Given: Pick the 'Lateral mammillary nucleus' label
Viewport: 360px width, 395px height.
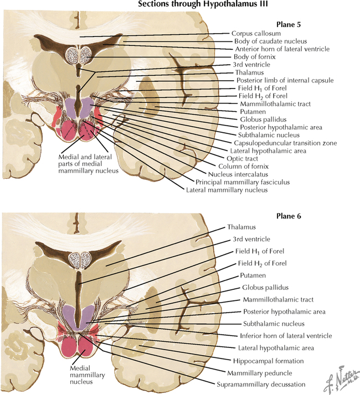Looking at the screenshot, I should (228, 190).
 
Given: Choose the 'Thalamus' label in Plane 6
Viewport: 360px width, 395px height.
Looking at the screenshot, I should (240, 227).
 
